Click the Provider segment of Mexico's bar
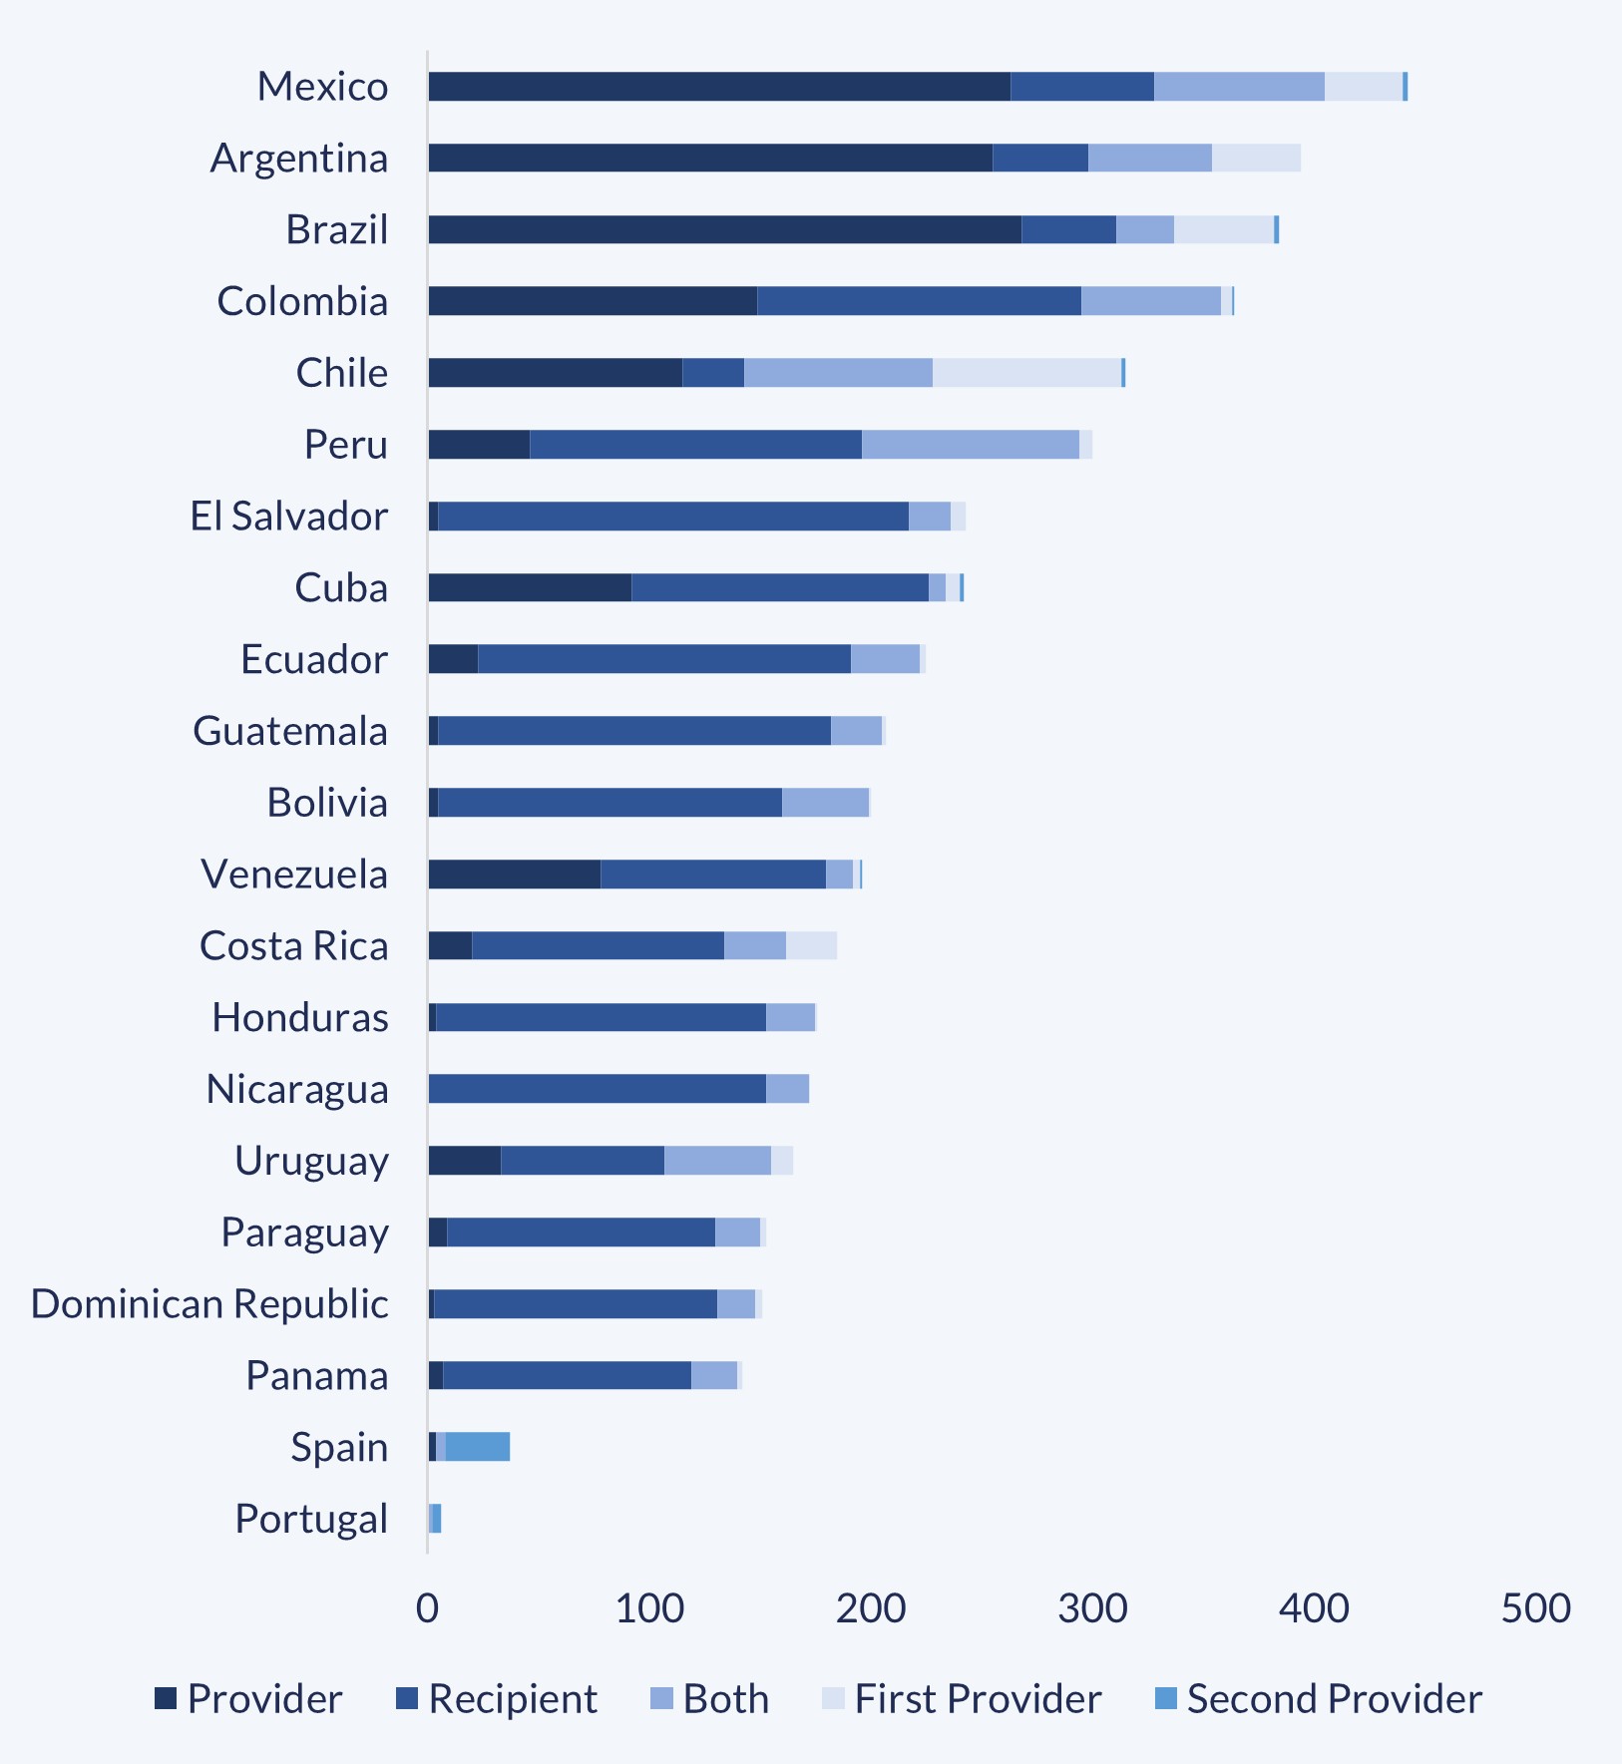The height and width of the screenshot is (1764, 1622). pyautogui.click(x=718, y=87)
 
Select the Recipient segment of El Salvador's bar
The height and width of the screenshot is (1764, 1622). pyautogui.click(x=673, y=517)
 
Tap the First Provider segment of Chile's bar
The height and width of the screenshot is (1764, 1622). pyautogui.click(x=1026, y=373)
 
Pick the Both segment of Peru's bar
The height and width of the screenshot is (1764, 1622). pyautogui.click(x=970, y=445)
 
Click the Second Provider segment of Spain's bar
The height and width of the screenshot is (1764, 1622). pyautogui.click(x=477, y=1447)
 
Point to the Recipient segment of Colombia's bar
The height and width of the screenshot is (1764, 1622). pyautogui.click(x=918, y=301)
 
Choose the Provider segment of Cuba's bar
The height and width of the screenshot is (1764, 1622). pyautogui.click(x=530, y=588)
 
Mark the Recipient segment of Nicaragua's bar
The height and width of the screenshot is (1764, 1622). pyautogui.click(x=597, y=1089)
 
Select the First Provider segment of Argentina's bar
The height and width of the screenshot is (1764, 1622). pyautogui.click(x=1256, y=159)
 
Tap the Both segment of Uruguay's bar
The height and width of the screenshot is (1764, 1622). pyautogui.click(x=717, y=1161)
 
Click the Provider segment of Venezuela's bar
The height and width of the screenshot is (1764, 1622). pyautogui.click(x=514, y=875)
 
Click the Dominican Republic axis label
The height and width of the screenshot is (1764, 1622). pyautogui.click(x=209, y=1304)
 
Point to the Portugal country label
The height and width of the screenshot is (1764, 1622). pyautogui.click(x=311, y=1519)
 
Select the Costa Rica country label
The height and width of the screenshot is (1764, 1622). pyautogui.click(x=293, y=946)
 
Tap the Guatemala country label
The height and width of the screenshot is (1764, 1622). pyautogui.click(x=289, y=732)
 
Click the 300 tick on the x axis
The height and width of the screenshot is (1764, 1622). pyautogui.click(x=1092, y=1607)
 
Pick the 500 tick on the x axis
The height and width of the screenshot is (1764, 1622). pyautogui.click(x=1535, y=1607)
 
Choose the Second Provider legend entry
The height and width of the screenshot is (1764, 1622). pyautogui.click(x=1318, y=1699)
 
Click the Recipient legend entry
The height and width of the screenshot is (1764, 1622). pyautogui.click(x=497, y=1699)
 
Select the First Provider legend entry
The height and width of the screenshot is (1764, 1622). pyautogui.click(x=962, y=1699)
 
